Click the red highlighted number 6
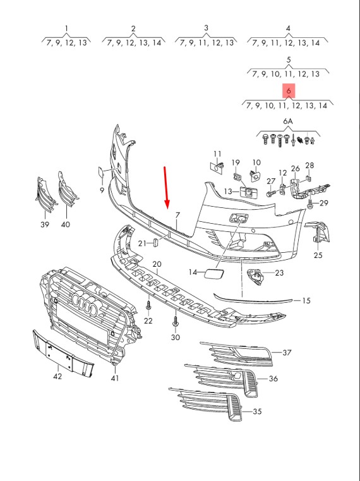289,91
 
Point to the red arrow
166,188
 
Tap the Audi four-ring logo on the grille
85,304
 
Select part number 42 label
57,376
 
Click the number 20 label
157,264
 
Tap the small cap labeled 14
213,272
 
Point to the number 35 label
257,411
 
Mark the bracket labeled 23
255,276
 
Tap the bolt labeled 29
309,205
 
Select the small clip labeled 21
155,242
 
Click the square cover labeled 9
101,172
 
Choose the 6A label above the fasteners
287,121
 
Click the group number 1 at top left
66,28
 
